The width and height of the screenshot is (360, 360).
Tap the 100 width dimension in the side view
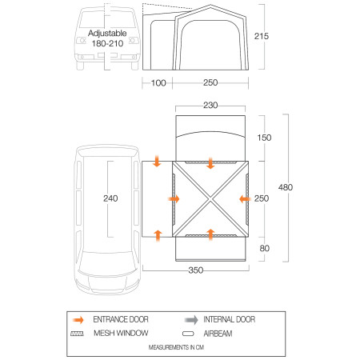[x=158, y=83]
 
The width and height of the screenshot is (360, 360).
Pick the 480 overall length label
[x=298, y=188]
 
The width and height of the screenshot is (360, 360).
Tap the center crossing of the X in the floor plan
[x=210, y=199]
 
